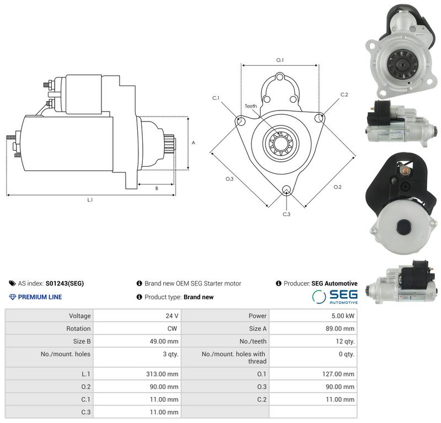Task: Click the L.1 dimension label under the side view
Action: pos(90,200)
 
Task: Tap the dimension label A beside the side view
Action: pos(193,143)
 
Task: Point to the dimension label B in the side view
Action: pos(157,188)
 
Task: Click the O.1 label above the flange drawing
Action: pos(280,60)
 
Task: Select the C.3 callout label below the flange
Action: pos(286,214)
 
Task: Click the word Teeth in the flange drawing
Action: pos(251,106)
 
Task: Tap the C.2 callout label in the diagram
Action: pos(344,94)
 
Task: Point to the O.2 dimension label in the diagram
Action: pos(337,187)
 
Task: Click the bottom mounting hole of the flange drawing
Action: pos(287,189)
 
